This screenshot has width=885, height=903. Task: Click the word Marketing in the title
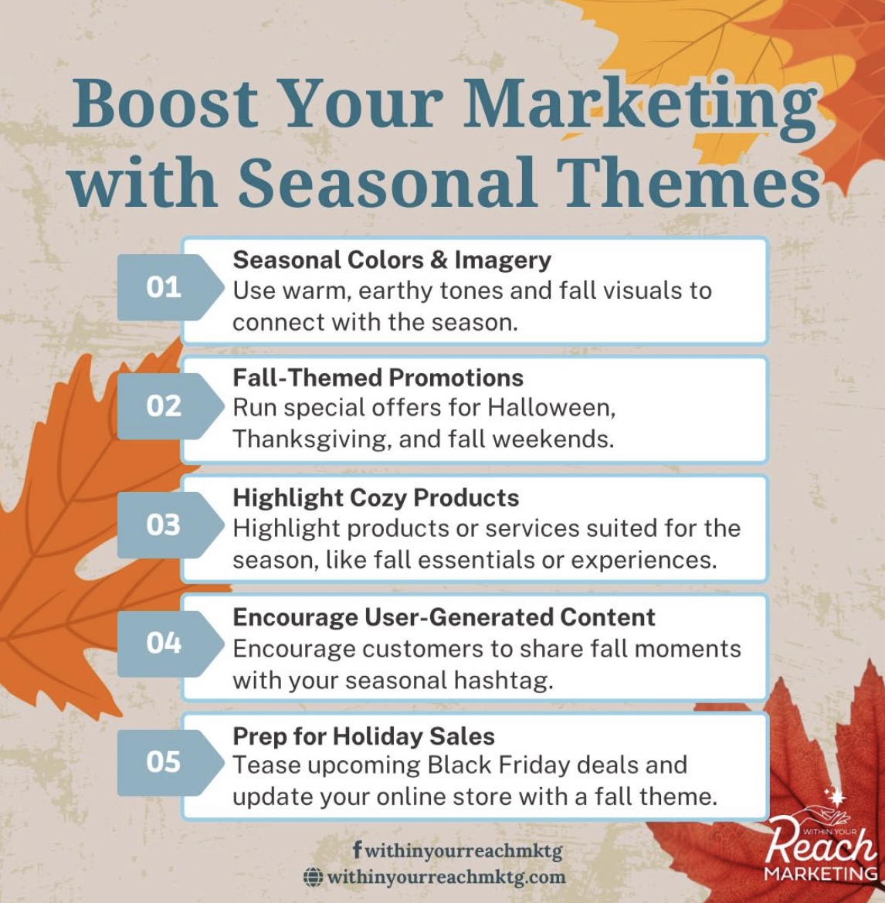[x=640, y=107]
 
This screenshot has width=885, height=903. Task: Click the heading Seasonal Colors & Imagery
[x=392, y=261]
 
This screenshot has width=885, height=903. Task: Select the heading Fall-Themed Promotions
[x=378, y=378]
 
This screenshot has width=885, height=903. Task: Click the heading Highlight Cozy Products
[x=375, y=498]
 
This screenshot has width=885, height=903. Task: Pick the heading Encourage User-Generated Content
[x=443, y=616]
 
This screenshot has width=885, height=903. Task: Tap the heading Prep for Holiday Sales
[x=363, y=737]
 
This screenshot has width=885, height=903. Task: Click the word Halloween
[x=551, y=408]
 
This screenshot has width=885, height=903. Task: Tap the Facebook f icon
[x=358, y=847]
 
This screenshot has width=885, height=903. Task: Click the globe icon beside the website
[x=313, y=877]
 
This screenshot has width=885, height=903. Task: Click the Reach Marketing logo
[x=821, y=843]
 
